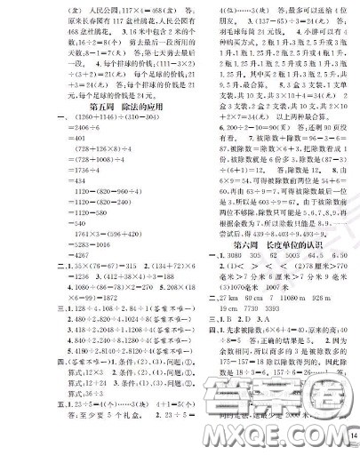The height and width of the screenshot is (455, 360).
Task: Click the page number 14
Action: point(354,435)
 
